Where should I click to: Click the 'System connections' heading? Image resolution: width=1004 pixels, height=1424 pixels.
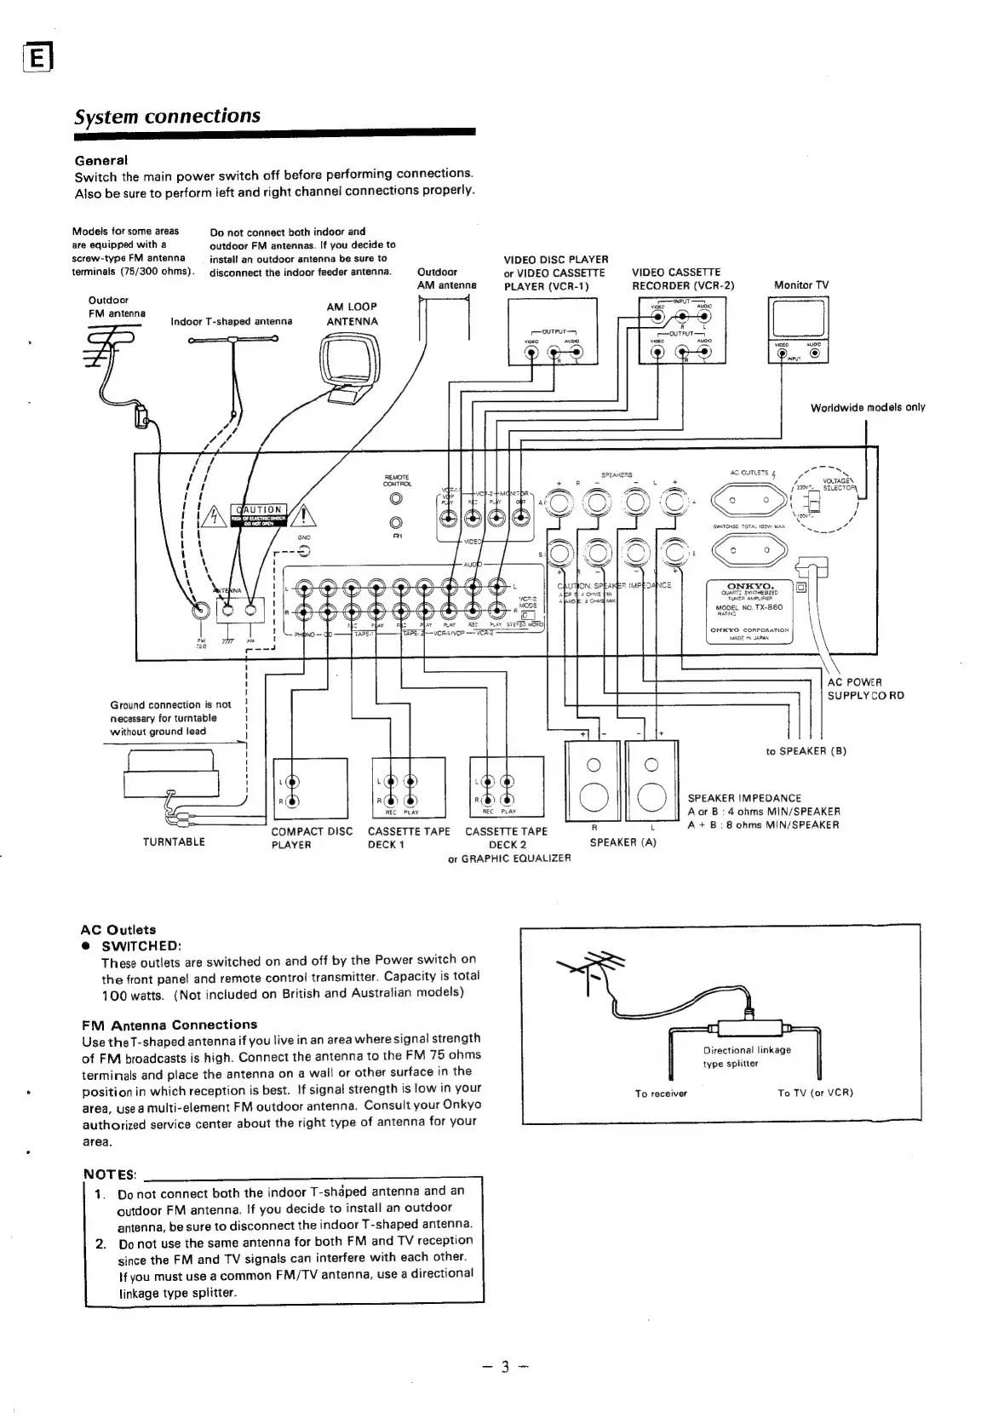click(167, 116)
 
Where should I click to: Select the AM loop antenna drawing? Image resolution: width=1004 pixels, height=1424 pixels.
click(349, 365)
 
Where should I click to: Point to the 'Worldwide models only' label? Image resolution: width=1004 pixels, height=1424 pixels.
click(867, 407)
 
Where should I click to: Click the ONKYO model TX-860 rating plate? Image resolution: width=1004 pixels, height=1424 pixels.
click(750, 610)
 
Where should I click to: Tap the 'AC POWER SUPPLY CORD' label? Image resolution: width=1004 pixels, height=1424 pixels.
click(865, 689)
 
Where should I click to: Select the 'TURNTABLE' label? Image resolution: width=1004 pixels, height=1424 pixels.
click(174, 841)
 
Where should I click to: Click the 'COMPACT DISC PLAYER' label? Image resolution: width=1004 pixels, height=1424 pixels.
click(311, 838)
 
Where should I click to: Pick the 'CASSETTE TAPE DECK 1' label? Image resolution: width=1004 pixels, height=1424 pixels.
click(408, 838)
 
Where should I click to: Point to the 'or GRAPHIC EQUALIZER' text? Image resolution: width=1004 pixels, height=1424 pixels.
click(509, 858)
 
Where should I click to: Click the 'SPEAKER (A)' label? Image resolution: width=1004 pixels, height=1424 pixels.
click(623, 842)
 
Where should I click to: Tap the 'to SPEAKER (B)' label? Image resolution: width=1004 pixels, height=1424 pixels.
click(806, 751)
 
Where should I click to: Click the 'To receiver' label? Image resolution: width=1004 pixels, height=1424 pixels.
click(661, 1094)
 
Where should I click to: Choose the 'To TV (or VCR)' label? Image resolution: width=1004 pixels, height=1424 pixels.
click(815, 1093)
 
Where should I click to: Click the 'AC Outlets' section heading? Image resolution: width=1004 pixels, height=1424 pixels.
click(118, 929)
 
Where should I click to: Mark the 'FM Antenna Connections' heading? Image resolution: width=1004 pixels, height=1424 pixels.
click(169, 1025)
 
